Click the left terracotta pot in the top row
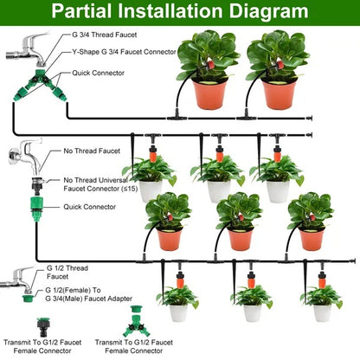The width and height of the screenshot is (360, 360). (209, 93)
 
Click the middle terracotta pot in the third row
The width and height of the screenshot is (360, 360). (240, 239)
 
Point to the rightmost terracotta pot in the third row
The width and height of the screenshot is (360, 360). (311, 239)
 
